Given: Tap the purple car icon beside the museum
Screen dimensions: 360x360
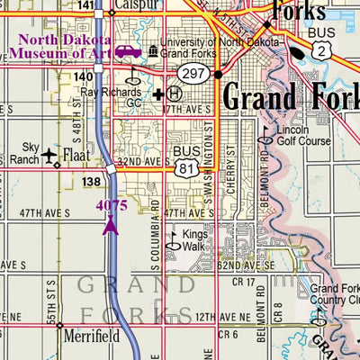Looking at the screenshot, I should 128,53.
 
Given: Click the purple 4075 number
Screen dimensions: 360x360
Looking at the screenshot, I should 112,205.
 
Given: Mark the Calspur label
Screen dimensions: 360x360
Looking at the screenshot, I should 137,5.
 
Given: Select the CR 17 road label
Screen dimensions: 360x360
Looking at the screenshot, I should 242,282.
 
